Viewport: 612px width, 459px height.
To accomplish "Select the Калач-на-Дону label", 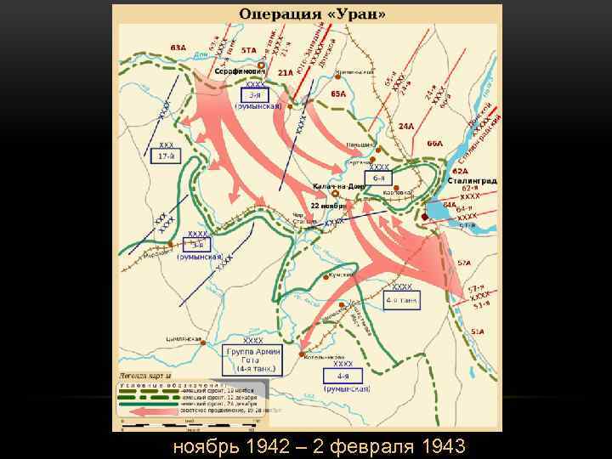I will tap(338, 185).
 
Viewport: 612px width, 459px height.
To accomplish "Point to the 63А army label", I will tap(178, 48).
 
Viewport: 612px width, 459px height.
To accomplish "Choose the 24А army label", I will tap(405, 126).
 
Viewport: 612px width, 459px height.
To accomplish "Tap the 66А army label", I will tap(434, 144).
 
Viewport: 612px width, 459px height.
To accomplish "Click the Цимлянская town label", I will tap(184, 339).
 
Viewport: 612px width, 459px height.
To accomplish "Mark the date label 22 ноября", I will tap(327, 206).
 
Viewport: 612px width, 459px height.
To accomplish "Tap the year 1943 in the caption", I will tap(436, 445).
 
